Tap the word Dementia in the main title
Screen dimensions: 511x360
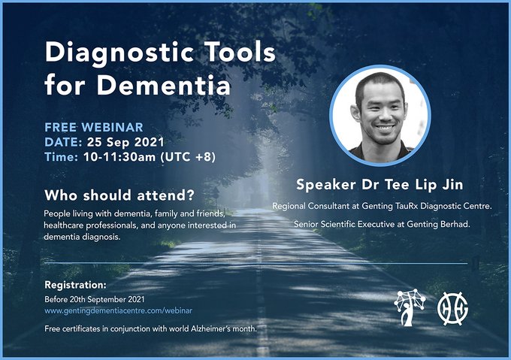point(164,86)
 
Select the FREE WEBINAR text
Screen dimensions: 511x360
point(94,127)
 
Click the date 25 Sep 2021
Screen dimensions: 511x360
point(125,142)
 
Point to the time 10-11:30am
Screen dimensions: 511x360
point(119,157)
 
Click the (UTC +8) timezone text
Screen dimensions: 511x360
point(188,157)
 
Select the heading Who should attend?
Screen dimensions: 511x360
point(119,195)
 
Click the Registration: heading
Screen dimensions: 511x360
point(75,285)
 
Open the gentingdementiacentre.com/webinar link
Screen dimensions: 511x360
point(118,311)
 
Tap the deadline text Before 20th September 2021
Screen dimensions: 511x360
point(95,299)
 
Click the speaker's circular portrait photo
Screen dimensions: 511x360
point(380,115)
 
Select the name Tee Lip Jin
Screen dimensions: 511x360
point(424,185)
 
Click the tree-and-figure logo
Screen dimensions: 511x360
point(410,307)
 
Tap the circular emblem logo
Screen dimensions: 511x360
point(452,309)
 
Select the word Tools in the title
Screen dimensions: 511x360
point(240,52)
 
